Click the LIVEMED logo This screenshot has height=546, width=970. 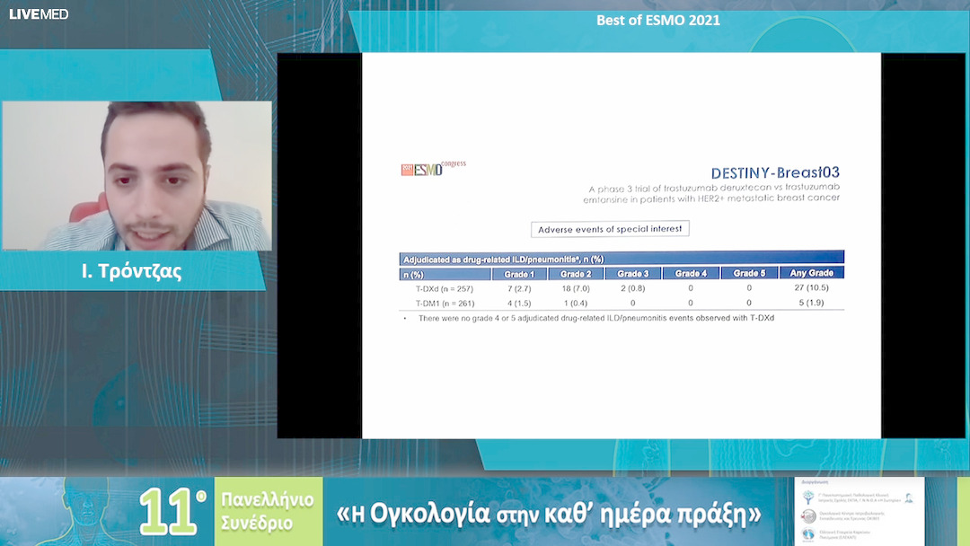[x=39, y=14]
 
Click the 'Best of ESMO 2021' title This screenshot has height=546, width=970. [x=658, y=20]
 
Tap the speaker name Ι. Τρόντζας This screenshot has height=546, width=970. [x=131, y=271]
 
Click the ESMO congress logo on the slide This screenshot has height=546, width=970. [x=432, y=169]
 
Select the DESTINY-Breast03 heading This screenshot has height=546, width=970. [x=775, y=172]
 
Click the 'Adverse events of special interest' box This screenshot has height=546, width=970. [x=610, y=229]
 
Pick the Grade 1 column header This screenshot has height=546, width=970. [x=519, y=273]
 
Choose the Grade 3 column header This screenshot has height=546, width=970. [x=632, y=273]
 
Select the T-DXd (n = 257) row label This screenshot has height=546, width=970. [x=444, y=288]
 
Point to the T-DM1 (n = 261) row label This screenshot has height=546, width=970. [x=444, y=303]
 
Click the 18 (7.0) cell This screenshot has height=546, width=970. [x=576, y=288]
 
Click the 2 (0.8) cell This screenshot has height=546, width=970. [x=632, y=288]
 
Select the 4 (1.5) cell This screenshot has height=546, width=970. [x=519, y=303]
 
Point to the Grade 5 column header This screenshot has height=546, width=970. [x=749, y=273]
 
